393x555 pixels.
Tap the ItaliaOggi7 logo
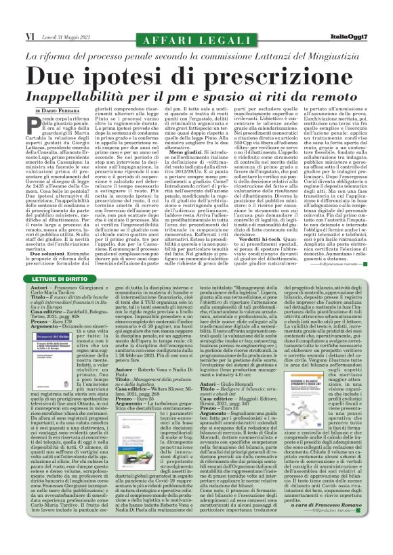coord(358,35)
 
